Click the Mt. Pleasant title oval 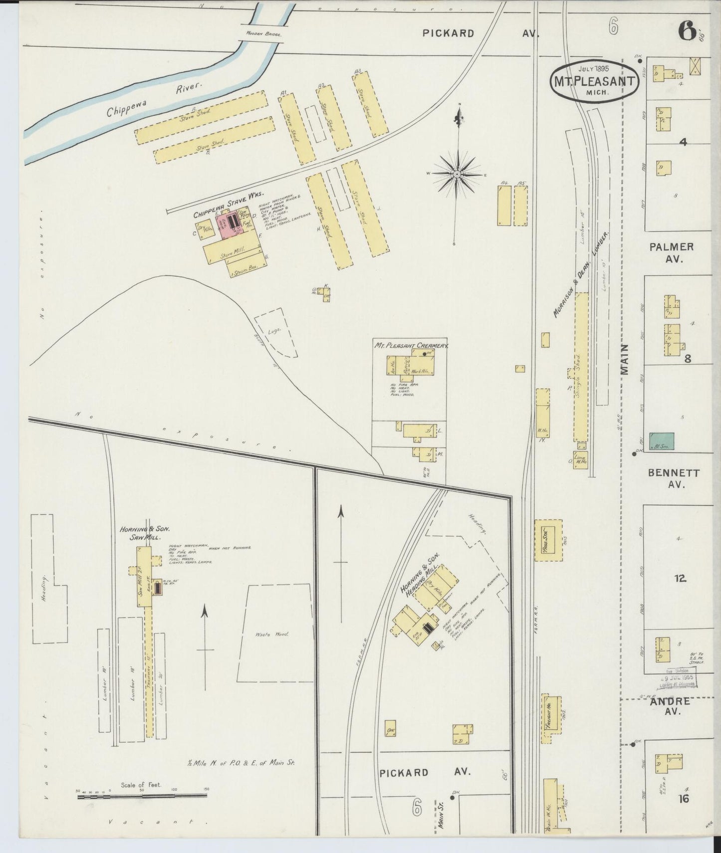click(x=595, y=80)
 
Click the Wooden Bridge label click(x=263, y=34)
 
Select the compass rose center click(x=457, y=174)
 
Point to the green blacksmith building click(x=662, y=441)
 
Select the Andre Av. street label click(x=670, y=706)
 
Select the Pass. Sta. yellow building click(x=547, y=540)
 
